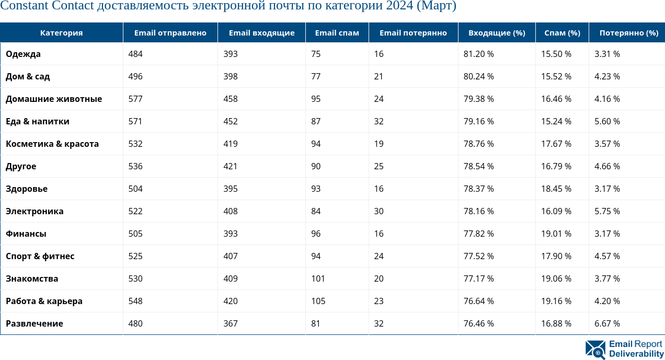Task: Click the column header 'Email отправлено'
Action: click(x=170, y=33)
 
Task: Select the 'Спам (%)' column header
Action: click(x=562, y=33)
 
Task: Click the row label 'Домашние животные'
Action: click(x=54, y=99)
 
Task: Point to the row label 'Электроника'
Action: click(x=35, y=211)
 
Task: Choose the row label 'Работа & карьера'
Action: click(x=44, y=301)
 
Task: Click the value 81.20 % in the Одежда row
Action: click(x=478, y=54)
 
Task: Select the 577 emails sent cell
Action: click(x=135, y=99)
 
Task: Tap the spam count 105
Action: click(x=318, y=301)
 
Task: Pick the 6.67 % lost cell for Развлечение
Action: click(x=607, y=323)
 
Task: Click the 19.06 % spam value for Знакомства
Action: click(x=556, y=278)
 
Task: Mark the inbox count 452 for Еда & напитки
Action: click(x=230, y=121)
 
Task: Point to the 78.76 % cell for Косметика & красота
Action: click(x=478, y=144)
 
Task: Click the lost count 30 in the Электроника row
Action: click(x=379, y=211)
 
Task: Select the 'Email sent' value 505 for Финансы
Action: click(x=135, y=234)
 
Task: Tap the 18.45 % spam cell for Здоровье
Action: click(x=556, y=189)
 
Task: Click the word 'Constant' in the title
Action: click(x=24, y=6)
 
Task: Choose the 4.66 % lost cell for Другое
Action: click(x=607, y=166)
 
